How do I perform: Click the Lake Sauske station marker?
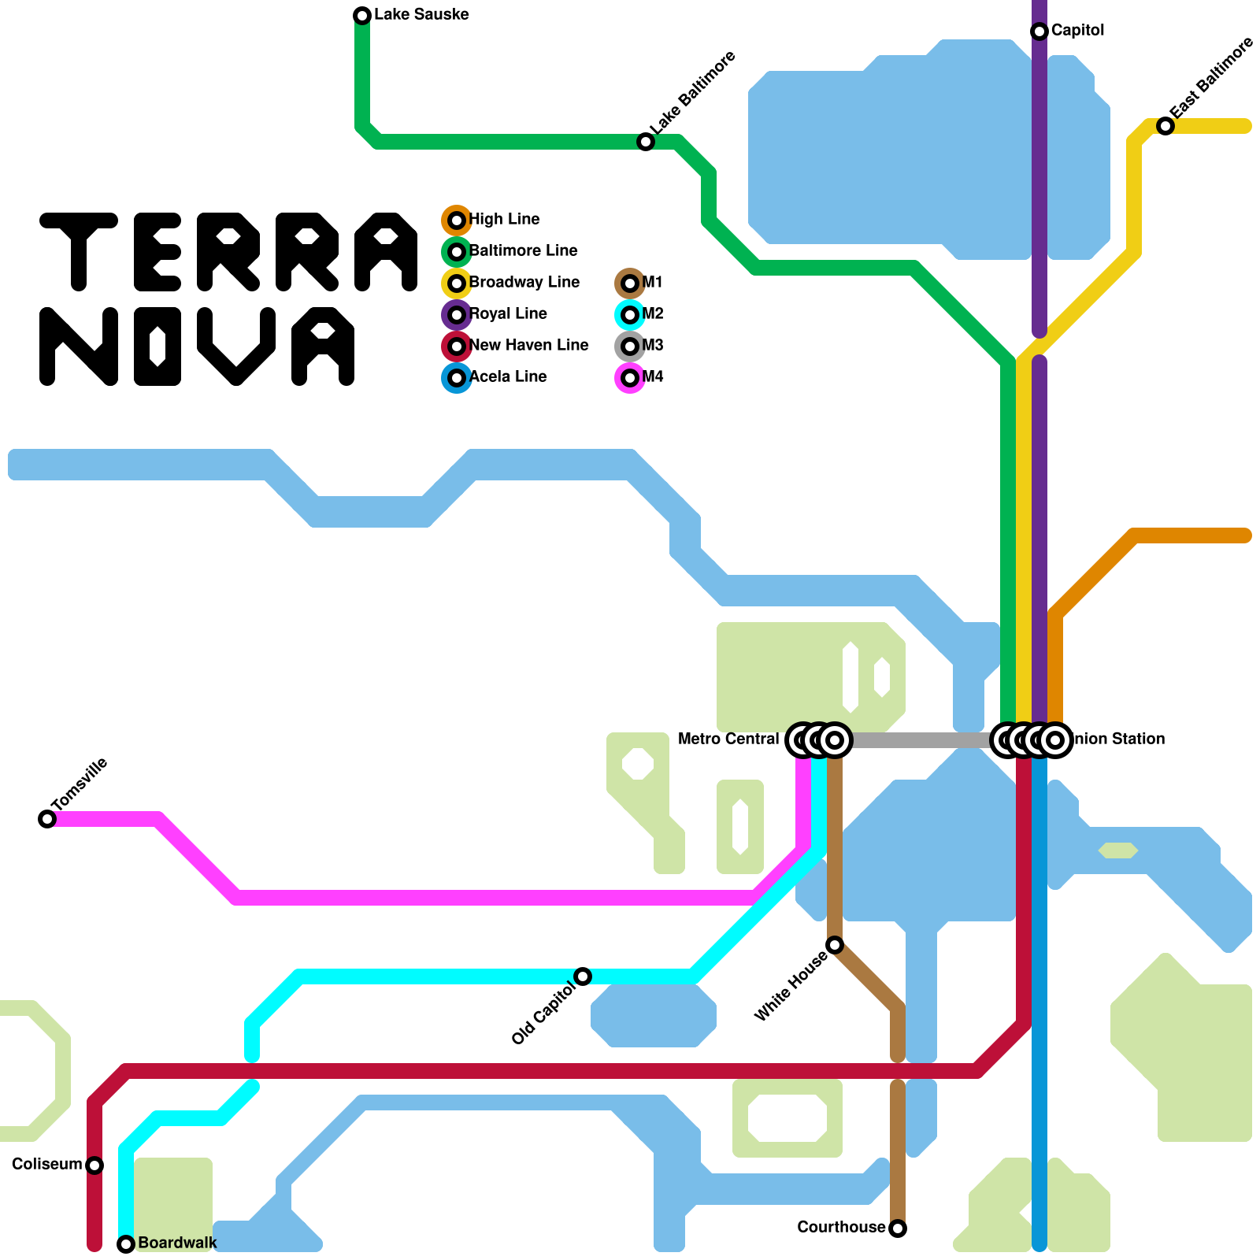pyautogui.click(x=362, y=16)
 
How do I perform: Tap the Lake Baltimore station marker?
pyautogui.click(x=646, y=142)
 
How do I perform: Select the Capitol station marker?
pyautogui.click(x=1039, y=31)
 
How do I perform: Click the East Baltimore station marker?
pyautogui.click(x=1165, y=126)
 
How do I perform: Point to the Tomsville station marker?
pyautogui.click(x=47, y=819)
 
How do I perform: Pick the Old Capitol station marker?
pyautogui.click(x=583, y=976)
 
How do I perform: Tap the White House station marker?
pyautogui.click(x=835, y=945)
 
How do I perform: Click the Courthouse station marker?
pyautogui.click(x=898, y=1228)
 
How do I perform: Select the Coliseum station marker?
pyautogui.click(x=94, y=1165)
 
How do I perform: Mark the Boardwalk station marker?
pyautogui.click(x=126, y=1244)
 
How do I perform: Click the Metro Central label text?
pyautogui.click(x=728, y=739)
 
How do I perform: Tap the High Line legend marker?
pyautogui.click(x=457, y=220)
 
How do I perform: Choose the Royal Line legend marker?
pyautogui.click(x=457, y=315)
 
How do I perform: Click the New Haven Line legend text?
pyautogui.click(x=528, y=346)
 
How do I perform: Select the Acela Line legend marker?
pyautogui.click(x=457, y=378)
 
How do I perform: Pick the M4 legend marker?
pyautogui.click(x=630, y=378)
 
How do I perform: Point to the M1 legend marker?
pyautogui.click(x=630, y=283)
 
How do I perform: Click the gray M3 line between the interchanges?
pyautogui.click(x=921, y=740)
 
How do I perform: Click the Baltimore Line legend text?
pyautogui.click(x=523, y=251)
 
